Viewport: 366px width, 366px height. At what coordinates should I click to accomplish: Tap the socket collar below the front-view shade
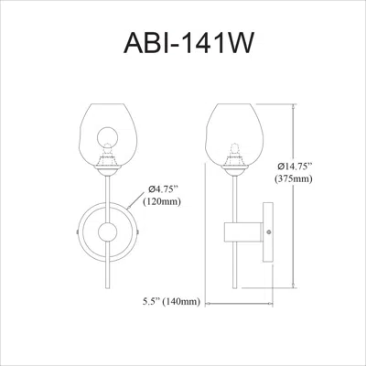(x=109, y=167)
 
